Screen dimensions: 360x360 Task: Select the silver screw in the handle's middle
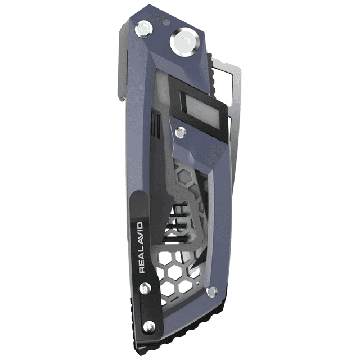(180, 133)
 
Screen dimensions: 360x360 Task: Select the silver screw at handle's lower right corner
(211, 291)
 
